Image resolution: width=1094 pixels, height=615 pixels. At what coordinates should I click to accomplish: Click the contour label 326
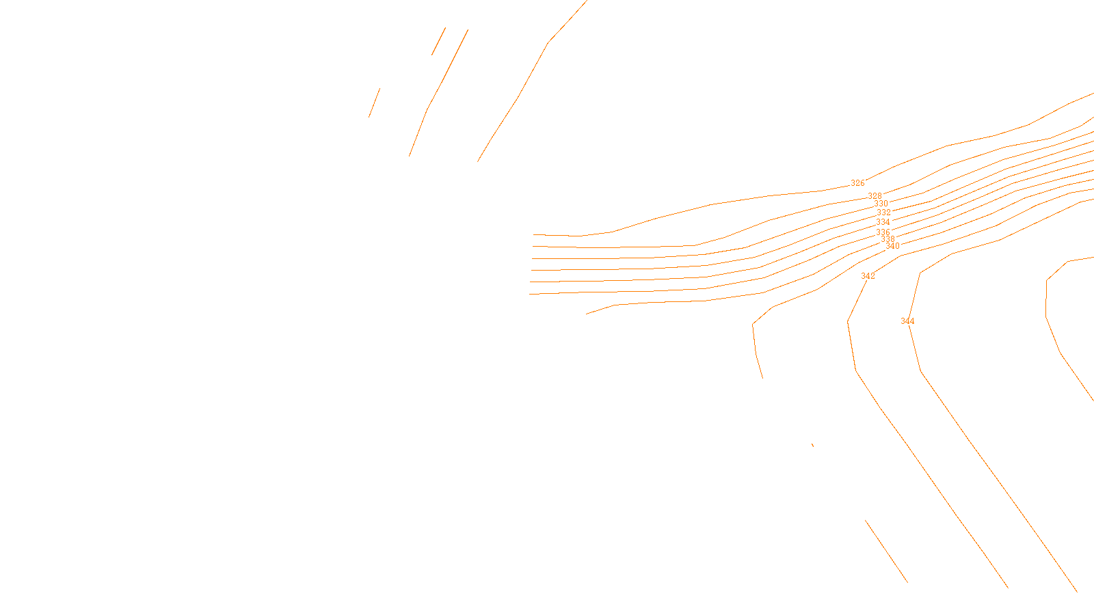(x=857, y=183)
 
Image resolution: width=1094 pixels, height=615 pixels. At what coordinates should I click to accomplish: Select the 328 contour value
(x=875, y=196)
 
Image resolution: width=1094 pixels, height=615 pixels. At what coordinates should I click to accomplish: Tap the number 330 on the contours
(x=881, y=204)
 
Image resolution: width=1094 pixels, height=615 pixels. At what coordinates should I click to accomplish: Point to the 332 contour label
(x=883, y=213)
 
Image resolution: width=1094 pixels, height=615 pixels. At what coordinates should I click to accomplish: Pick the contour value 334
(x=883, y=222)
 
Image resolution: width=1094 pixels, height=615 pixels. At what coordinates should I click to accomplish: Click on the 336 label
(x=883, y=232)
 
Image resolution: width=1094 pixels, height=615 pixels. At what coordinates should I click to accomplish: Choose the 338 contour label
(x=888, y=239)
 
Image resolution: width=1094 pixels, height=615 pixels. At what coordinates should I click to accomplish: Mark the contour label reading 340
(x=892, y=246)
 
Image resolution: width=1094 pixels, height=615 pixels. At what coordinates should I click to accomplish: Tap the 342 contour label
(x=868, y=276)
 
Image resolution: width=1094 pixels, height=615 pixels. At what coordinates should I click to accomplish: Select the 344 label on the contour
(x=907, y=321)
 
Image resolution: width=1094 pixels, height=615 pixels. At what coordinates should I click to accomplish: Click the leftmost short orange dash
(x=374, y=102)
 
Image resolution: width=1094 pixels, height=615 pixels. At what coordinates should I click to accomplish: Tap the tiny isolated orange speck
(x=812, y=446)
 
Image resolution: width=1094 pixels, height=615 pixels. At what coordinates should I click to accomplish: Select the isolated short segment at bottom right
(x=886, y=551)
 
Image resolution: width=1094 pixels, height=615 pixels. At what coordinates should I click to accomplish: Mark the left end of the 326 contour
(x=534, y=234)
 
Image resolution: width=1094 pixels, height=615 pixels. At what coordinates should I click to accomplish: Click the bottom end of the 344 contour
(x=1076, y=591)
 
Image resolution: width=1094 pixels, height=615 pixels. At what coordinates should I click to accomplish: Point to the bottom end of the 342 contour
(x=1007, y=587)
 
